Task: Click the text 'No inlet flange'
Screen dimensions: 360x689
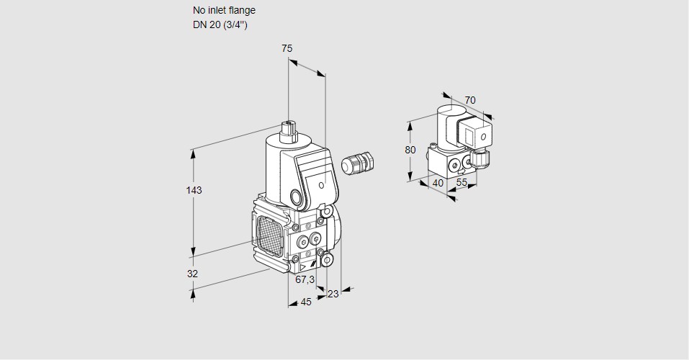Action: click(x=224, y=11)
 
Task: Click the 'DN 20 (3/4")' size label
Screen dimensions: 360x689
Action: click(x=220, y=25)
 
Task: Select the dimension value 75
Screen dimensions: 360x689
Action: click(x=287, y=48)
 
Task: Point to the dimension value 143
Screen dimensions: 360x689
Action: click(x=194, y=190)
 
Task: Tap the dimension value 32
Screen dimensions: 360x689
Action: click(x=192, y=274)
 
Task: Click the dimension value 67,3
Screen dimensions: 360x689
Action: click(x=305, y=279)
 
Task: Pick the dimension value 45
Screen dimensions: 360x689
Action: click(x=306, y=302)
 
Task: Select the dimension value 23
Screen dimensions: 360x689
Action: click(x=333, y=293)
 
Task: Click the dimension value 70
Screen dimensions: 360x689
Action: click(x=470, y=100)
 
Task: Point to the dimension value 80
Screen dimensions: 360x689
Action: click(x=410, y=150)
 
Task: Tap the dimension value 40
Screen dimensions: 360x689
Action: click(x=438, y=183)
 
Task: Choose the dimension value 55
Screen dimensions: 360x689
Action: click(x=462, y=183)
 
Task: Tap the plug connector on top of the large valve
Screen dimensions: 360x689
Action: click(x=289, y=130)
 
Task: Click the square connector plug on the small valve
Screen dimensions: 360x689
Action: click(x=477, y=134)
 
